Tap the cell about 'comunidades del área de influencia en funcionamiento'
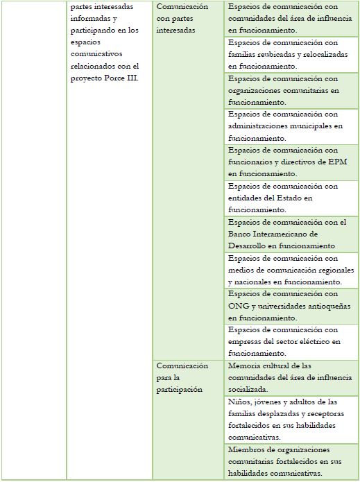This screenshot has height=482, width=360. click(x=290, y=18)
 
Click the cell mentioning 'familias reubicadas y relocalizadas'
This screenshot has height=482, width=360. click(x=290, y=54)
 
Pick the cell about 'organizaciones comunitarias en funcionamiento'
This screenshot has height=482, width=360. click(x=290, y=90)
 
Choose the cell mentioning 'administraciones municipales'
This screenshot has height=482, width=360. click(x=290, y=126)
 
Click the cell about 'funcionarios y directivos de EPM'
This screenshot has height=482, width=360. click(x=290, y=162)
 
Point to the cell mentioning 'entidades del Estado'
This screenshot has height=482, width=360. click(x=290, y=198)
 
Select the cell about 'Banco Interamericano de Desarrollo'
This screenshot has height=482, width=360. click(x=290, y=234)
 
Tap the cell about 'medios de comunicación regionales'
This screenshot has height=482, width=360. click(x=290, y=270)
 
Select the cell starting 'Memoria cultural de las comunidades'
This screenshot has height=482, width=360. click(x=290, y=377)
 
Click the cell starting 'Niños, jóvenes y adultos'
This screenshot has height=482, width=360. click(x=290, y=420)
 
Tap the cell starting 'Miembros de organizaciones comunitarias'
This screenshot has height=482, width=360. click(x=290, y=462)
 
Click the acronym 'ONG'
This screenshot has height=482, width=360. click(x=237, y=307)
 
